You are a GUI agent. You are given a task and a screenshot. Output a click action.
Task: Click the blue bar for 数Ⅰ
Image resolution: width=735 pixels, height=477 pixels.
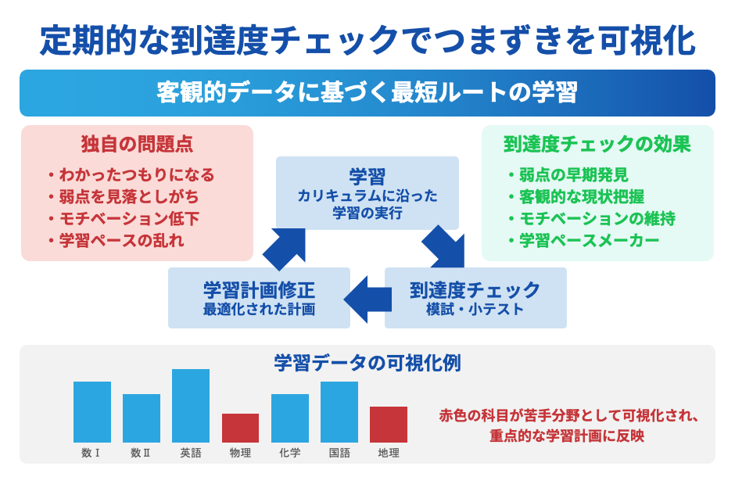coord(92,412)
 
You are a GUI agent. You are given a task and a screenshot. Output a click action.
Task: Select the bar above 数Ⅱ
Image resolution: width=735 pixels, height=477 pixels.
coord(142,418)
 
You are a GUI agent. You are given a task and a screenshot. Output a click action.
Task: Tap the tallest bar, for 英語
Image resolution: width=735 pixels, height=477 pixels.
coord(191,406)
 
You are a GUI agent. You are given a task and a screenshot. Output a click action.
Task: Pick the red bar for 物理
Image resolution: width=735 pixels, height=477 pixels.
coord(240,428)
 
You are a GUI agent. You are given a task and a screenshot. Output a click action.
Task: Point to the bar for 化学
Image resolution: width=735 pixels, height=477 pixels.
coord(290,418)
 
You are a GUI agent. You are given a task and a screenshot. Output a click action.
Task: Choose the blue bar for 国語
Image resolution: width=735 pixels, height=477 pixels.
coord(339,412)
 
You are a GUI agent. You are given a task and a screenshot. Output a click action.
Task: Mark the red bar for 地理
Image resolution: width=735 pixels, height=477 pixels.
coord(389,425)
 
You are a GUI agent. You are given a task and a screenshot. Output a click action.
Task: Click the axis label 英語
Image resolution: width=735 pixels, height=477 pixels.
coord(191,453)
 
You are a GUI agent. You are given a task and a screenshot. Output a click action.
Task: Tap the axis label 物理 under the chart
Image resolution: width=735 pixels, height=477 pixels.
coord(240,453)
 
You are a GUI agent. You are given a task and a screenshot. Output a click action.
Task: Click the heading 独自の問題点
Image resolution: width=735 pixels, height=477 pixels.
coord(138,144)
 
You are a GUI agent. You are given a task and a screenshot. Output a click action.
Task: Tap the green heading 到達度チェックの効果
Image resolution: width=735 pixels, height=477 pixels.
coord(597,145)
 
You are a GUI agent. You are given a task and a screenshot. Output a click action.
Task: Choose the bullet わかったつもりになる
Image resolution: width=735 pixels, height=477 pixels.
coord(136,174)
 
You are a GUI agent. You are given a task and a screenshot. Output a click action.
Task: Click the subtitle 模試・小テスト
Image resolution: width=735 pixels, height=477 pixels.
coord(475,309)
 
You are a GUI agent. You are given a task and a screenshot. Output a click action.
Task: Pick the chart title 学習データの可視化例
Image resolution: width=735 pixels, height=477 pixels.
coord(367,363)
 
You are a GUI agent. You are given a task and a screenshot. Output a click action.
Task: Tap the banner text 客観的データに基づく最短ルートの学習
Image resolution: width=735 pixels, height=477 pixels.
coord(367,92)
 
